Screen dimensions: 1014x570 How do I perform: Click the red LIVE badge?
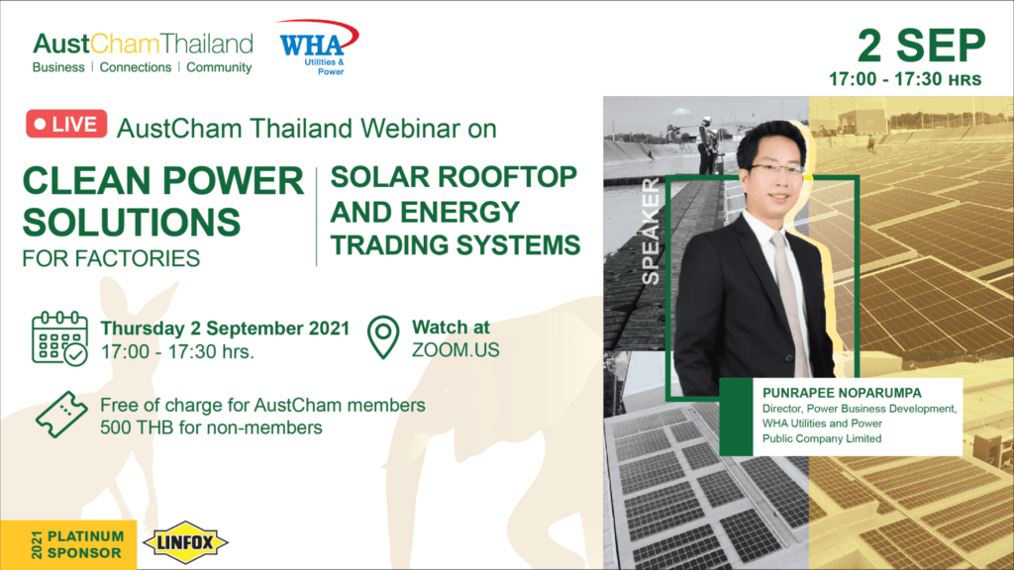[x=66, y=124]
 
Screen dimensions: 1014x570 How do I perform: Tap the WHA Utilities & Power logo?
[x=317, y=47]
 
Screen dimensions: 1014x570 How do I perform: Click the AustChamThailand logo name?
[x=143, y=44]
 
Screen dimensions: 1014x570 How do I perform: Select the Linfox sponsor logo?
[x=185, y=543]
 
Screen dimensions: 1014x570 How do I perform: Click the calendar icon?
[x=60, y=338]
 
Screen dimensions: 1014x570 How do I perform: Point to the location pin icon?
[x=383, y=336]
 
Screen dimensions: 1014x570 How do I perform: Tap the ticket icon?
[x=61, y=415]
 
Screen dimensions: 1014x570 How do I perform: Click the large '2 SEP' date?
[x=921, y=46]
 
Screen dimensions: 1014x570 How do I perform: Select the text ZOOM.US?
[x=456, y=350]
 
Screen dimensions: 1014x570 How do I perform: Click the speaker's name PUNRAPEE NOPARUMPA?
[x=842, y=393]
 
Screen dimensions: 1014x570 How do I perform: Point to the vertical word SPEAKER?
[x=651, y=231]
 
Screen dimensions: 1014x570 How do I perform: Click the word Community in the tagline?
[x=219, y=67]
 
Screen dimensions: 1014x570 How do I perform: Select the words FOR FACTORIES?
[x=111, y=258]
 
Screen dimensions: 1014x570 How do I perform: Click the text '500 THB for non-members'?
[x=211, y=427]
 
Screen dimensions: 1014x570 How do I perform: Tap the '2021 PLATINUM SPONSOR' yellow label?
[x=68, y=545]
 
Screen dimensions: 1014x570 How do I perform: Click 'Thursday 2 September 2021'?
[x=225, y=329]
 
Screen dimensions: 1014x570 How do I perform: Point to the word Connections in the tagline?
[x=135, y=67]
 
